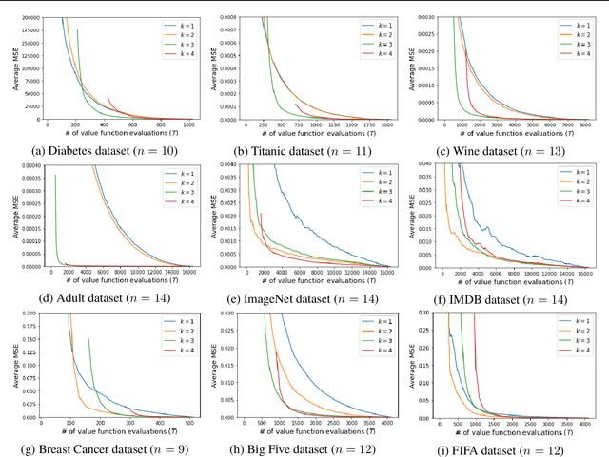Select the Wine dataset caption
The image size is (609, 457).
510,149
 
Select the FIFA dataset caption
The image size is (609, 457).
510,448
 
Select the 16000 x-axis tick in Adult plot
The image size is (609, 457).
187,273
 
